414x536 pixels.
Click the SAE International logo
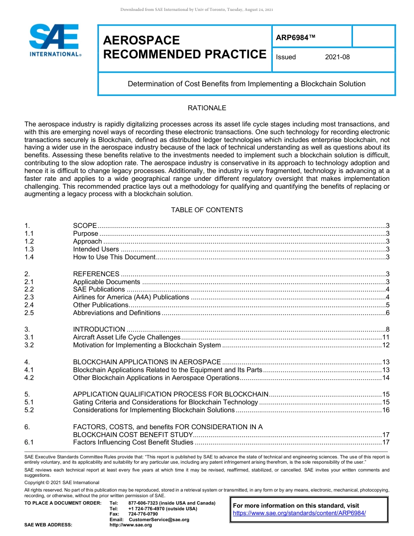coord(54,40)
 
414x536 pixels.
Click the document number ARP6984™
coord(295,38)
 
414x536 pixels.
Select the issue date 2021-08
coord(337,57)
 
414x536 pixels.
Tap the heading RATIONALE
coord(207,108)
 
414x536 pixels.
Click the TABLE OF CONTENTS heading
coord(207,210)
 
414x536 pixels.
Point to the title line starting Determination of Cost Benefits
coord(246,84)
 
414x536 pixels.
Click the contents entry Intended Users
coord(96,249)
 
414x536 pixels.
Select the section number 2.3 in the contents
coord(29,297)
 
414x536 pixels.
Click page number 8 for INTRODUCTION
coord(387,329)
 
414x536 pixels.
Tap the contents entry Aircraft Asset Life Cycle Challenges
coord(126,337)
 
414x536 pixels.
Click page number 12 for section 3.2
coord(385,345)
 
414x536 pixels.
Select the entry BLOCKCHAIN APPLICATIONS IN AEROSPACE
coord(147,362)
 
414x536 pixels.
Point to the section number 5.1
coord(29,402)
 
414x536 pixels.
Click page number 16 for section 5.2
coord(385,410)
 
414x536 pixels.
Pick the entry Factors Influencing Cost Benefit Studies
coord(133,443)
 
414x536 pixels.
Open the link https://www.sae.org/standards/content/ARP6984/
coord(299,513)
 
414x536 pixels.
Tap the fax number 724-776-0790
coord(143,514)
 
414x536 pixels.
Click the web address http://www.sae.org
coord(131,525)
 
